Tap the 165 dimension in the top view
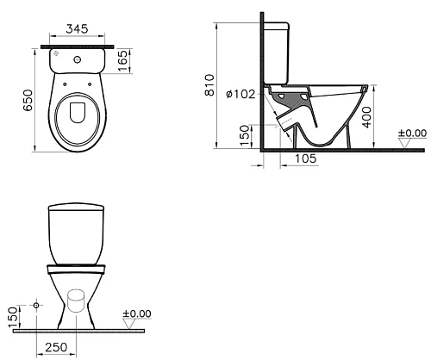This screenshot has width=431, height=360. (x=123, y=59)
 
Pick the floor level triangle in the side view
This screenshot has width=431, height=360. (x=406, y=142)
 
